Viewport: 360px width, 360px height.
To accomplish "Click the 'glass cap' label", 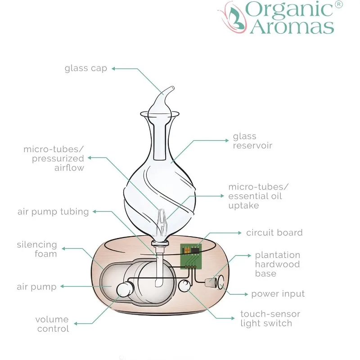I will (85, 68).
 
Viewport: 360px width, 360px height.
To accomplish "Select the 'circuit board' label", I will (274, 233).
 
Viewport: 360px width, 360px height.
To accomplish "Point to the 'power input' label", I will (278, 294).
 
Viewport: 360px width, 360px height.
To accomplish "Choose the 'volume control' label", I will (52, 324).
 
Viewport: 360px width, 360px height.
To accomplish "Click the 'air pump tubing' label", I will (53, 211).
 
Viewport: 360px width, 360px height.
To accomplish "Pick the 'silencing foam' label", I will (37, 249).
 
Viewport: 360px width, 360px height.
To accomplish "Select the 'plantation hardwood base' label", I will (277, 264).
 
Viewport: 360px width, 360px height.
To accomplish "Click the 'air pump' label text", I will (37, 287).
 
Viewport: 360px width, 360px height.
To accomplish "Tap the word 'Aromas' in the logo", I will (292, 26).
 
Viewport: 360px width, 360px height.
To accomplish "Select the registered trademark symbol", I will (339, 5).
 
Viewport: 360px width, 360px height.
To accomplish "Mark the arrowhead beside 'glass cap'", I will (114, 68).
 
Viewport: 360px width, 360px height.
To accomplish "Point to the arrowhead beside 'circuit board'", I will (239, 233).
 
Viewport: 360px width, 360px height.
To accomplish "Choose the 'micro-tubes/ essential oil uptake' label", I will (258, 196).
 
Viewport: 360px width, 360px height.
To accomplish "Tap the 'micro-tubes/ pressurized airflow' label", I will (54, 158).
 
